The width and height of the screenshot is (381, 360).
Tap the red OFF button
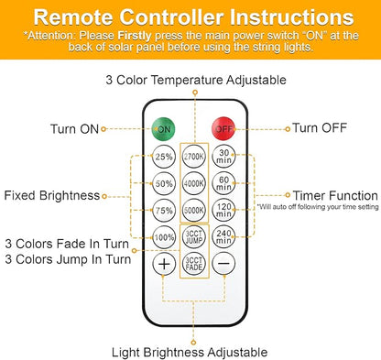point(223,128)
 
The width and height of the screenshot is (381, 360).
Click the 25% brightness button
point(164,157)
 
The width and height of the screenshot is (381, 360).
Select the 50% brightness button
point(164,183)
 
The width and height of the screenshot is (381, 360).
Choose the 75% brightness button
point(164,211)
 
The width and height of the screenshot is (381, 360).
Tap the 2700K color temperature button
point(194,157)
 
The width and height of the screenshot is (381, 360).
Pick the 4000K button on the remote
point(194,183)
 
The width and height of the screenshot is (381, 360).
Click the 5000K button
point(194,211)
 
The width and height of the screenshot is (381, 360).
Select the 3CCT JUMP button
point(194,237)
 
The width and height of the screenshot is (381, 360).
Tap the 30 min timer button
point(223,157)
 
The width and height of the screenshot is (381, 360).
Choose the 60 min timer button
point(223,183)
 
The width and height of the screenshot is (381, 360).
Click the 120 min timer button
point(223,211)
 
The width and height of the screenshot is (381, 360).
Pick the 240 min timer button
point(223,237)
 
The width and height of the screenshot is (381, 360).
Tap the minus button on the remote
point(223,264)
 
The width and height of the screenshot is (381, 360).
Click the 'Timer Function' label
point(335,195)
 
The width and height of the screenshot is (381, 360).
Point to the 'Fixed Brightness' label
point(52,195)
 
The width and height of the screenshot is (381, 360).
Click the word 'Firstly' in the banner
point(135,36)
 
